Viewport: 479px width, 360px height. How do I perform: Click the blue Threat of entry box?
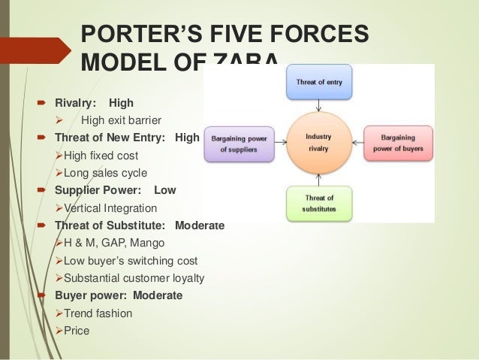[319, 83]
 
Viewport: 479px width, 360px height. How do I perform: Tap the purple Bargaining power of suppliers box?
[239, 143]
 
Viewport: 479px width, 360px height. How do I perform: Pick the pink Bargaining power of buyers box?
[399, 143]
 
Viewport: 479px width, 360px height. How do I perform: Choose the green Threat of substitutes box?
[319, 202]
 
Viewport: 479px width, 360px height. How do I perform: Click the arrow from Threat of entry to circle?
[319, 106]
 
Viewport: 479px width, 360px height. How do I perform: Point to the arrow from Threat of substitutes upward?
[319, 179]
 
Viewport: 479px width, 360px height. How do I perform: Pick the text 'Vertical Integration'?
[110, 208]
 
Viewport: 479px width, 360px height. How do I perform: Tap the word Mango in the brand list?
[148, 243]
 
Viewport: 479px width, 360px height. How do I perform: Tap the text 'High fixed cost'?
[101, 155]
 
